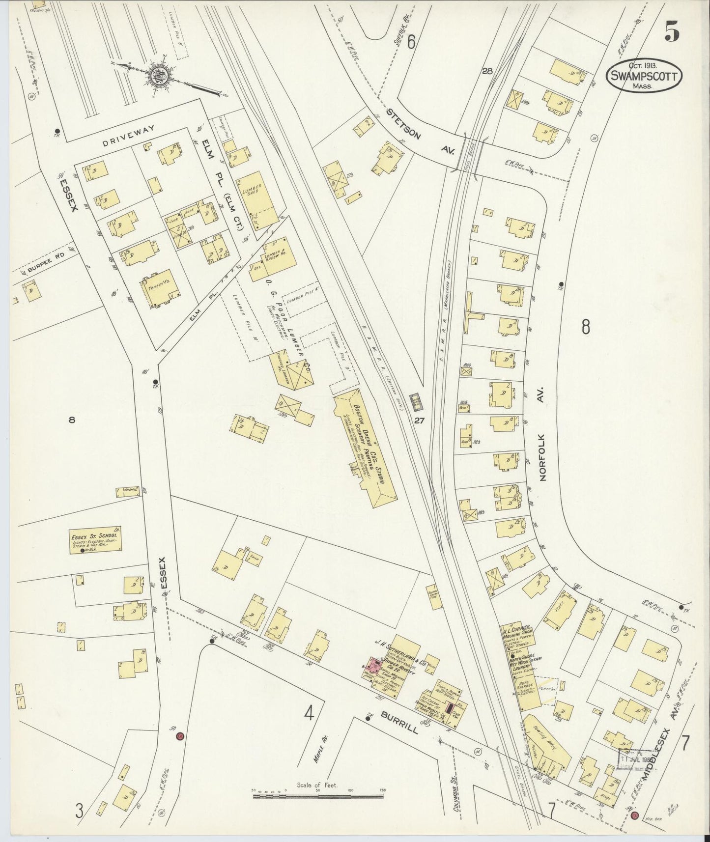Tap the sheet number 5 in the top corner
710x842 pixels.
pos(672,33)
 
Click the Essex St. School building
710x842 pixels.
pos(95,541)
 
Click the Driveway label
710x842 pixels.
pos(128,129)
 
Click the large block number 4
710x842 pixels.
pos(308,712)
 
